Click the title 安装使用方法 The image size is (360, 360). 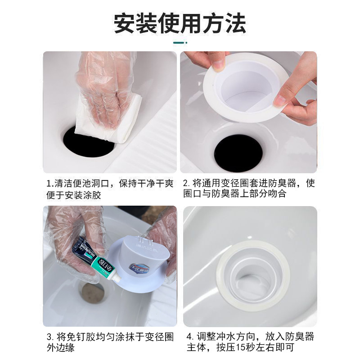(180, 22)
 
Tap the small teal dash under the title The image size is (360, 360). (180, 43)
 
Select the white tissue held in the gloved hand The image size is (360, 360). (110, 115)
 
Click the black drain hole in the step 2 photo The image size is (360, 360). (238, 153)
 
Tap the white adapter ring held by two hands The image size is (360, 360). (245, 88)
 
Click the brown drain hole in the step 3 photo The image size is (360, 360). (92, 293)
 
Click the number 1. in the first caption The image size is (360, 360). (50, 184)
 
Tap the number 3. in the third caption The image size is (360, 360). (50, 337)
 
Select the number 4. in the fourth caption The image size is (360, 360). (189, 337)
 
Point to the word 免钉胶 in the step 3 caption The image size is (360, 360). (77, 337)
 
